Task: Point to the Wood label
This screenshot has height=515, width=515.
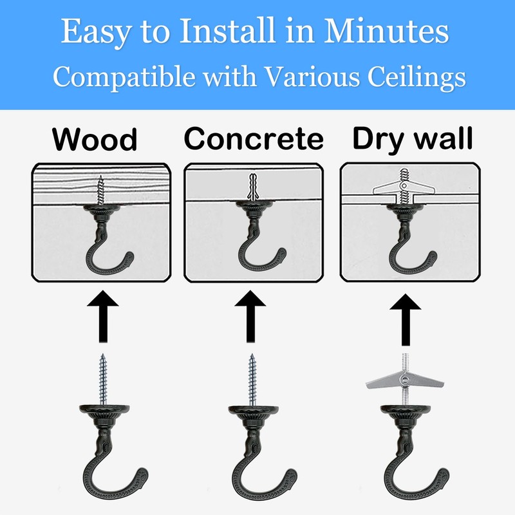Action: click(95, 139)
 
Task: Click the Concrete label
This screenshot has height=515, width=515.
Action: click(254, 139)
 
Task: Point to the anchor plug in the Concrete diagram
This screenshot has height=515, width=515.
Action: click(254, 187)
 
